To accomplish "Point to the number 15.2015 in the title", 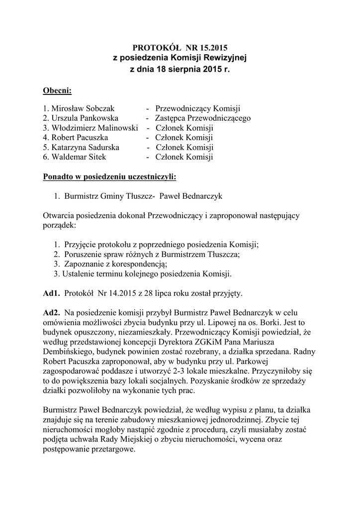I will pyautogui.click(x=213, y=48).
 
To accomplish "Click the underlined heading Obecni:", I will pyautogui.click(x=57, y=90).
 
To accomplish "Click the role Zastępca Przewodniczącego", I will pyautogui.click(x=203, y=118).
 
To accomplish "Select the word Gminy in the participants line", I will pyautogui.click(x=113, y=196).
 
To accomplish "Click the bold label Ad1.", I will pyautogui.click(x=51, y=293).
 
